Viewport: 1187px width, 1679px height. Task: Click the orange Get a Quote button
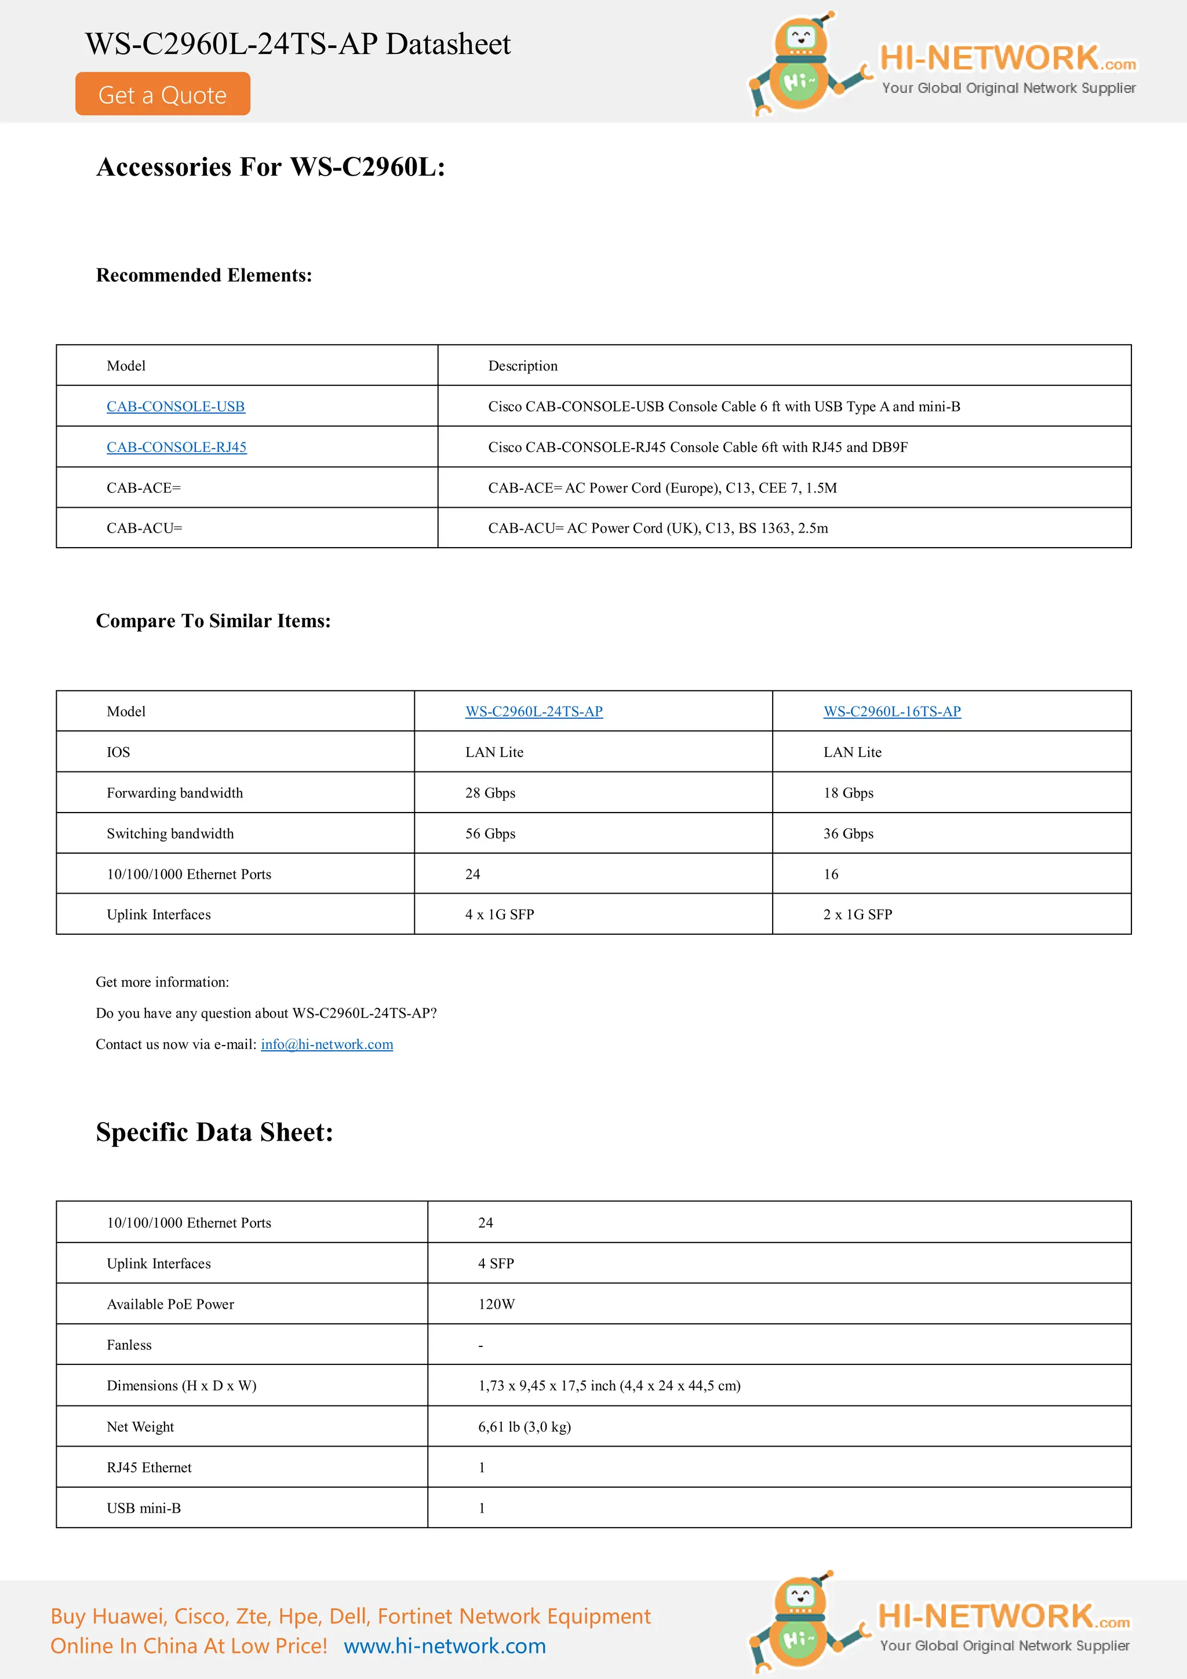[x=162, y=94]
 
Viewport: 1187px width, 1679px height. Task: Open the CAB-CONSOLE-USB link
[x=176, y=407]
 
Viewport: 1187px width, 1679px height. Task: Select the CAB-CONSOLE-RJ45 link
[x=176, y=447]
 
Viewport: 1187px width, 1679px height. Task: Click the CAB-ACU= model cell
[x=144, y=528]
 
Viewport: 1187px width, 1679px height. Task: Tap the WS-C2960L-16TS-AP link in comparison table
[x=891, y=712]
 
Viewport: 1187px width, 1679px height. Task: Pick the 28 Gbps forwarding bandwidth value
[x=490, y=793]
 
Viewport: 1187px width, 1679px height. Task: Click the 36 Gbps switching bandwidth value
[x=849, y=833]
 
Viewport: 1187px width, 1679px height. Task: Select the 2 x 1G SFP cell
[x=857, y=915]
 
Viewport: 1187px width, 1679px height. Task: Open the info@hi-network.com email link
[x=327, y=1044]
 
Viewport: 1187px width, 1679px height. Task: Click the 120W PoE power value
[x=497, y=1305]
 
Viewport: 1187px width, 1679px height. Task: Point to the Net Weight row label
[x=140, y=1427]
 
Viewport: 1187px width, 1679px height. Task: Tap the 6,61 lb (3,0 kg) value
[x=525, y=1427]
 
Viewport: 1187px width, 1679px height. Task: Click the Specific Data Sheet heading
[x=214, y=1132]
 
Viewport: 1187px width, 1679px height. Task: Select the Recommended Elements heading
[x=204, y=275]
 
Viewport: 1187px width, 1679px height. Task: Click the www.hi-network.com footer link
[x=445, y=1646]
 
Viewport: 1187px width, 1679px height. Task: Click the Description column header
[x=523, y=366]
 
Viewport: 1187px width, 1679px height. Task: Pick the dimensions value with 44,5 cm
[x=609, y=1386]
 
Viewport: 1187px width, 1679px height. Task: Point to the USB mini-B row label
[x=143, y=1508]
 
